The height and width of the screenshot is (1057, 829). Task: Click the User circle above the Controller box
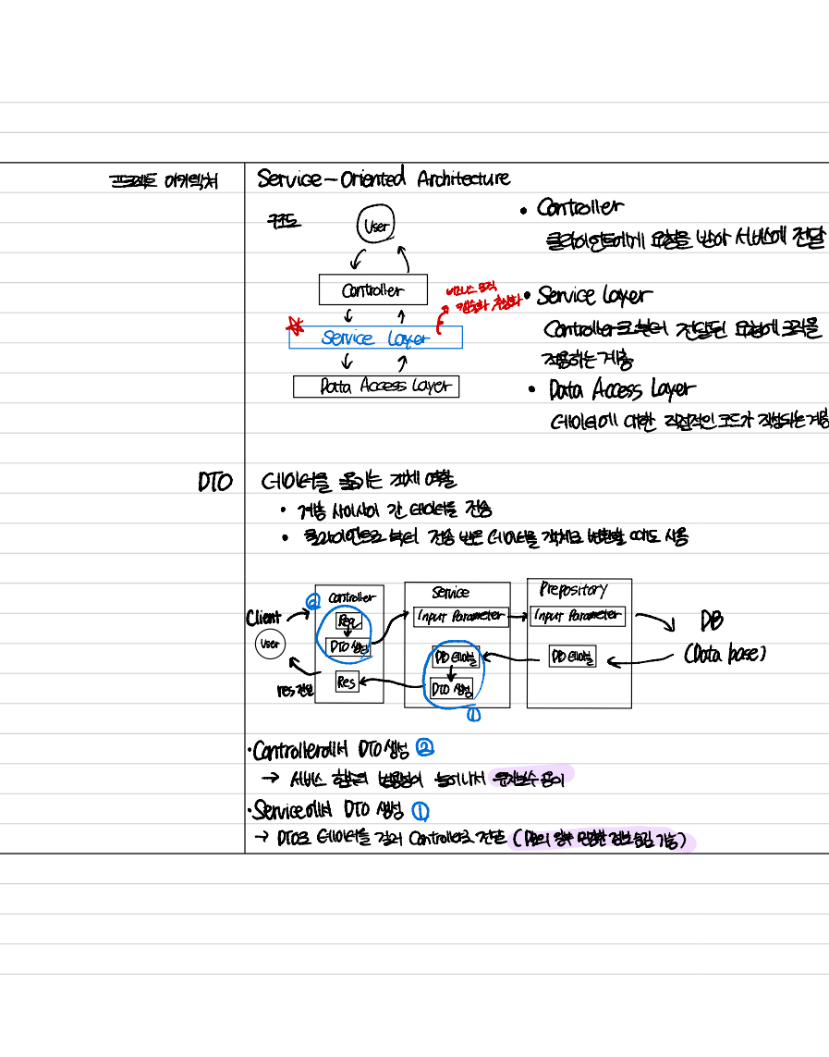(x=376, y=226)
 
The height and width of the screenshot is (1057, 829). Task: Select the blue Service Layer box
(x=375, y=338)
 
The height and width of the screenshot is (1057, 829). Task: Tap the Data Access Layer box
(x=376, y=387)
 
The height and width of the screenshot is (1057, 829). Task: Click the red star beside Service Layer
(x=296, y=325)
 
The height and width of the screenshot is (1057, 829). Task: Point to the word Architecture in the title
(x=463, y=178)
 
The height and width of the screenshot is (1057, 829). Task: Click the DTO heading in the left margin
(x=214, y=483)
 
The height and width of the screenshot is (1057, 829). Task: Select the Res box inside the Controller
(x=347, y=682)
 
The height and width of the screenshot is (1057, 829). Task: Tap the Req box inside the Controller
(x=347, y=621)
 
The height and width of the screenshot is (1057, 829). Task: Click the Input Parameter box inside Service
(x=460, y=616)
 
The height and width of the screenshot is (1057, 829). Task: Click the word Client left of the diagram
(x=263, y=618)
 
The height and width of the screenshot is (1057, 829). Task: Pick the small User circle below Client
(x=270, y=645)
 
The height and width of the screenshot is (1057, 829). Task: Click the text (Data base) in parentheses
(x=725, y=655)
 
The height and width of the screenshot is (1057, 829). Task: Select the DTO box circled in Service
(x=452, y=689)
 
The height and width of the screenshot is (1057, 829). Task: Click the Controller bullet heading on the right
(x=579, y=208)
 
